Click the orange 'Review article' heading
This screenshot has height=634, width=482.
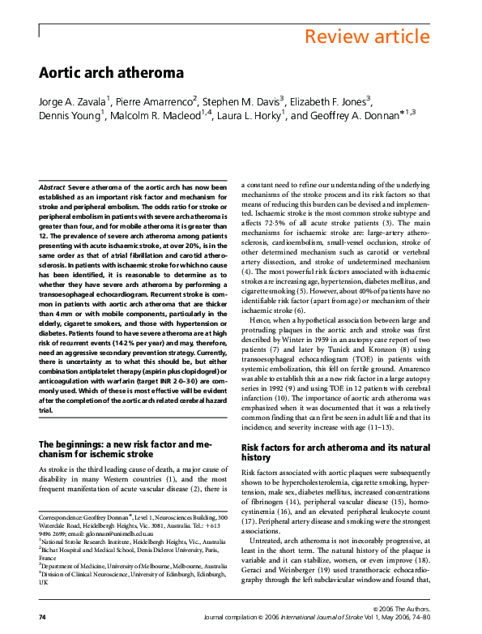point(367,36)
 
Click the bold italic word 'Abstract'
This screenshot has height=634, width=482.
point(53,187)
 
